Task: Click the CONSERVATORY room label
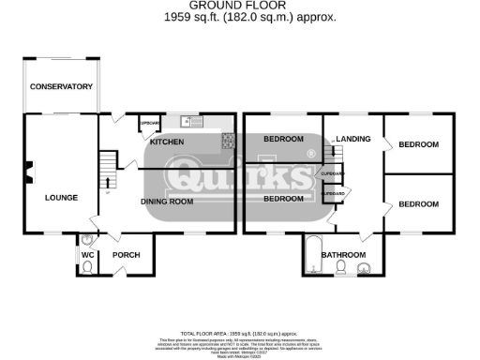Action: (x=61, y=86)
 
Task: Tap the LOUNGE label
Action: (x=61, y=197)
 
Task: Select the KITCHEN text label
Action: (x=167, y=142)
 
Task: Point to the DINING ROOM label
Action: (x=167, y=201)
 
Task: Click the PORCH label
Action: (x=126, y=255)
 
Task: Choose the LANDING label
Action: (x=354, y=139)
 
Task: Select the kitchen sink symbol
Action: (x=192, y=121)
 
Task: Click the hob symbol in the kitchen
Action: (x=227, y=141)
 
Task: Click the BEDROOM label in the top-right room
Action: (x=418, y=144)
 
